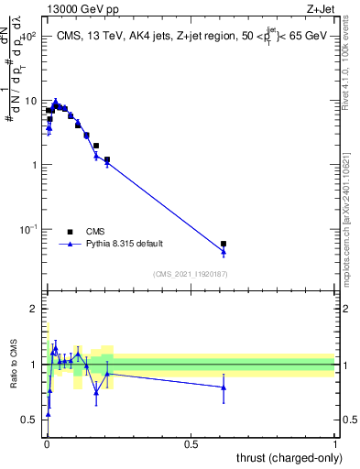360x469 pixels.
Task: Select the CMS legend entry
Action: click(x=94, y=232)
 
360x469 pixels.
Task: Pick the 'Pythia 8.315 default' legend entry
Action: click(x=125, y=244)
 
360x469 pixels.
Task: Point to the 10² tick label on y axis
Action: click(x=27, y=37)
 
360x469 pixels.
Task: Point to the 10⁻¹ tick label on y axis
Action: click(x=27, y=229)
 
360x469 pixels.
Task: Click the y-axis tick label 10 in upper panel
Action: click(x=30, y=101)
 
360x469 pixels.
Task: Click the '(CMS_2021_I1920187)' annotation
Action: click(x=190, y=273)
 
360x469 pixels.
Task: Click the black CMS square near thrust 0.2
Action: click(x=107, y=159)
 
